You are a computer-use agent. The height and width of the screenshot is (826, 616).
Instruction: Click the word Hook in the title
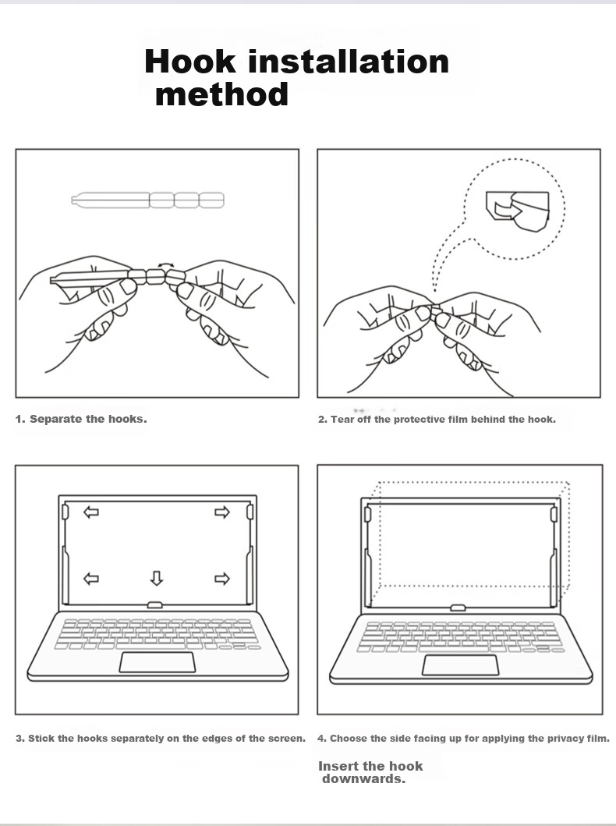190,61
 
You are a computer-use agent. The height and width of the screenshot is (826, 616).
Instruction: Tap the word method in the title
221,94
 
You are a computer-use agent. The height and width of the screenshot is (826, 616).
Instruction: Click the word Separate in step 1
56,420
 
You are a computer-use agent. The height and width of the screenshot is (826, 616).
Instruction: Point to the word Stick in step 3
41,738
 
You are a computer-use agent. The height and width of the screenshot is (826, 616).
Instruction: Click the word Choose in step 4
348,738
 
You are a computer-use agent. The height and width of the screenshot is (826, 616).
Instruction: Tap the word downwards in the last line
363,778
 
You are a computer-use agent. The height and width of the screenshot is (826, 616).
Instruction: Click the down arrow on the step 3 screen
157,578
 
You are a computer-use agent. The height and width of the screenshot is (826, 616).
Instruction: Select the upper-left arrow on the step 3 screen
91,512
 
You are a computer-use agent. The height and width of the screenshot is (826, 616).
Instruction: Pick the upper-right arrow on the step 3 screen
222,512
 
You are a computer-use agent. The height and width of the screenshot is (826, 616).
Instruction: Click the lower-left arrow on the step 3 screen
91,579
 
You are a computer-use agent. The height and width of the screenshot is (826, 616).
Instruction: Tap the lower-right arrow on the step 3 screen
222,579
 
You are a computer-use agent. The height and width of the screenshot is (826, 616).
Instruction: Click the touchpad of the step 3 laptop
157,662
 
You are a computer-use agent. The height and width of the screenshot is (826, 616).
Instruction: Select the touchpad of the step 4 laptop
461,665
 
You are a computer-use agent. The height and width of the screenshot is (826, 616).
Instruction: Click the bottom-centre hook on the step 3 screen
155,604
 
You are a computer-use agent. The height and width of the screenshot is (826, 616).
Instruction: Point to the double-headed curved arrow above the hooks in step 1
166,265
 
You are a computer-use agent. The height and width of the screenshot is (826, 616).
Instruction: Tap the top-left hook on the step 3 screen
65,512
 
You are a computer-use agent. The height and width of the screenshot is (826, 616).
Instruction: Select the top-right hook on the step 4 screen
554,515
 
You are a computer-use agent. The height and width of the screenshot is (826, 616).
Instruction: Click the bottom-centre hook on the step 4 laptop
458,608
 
